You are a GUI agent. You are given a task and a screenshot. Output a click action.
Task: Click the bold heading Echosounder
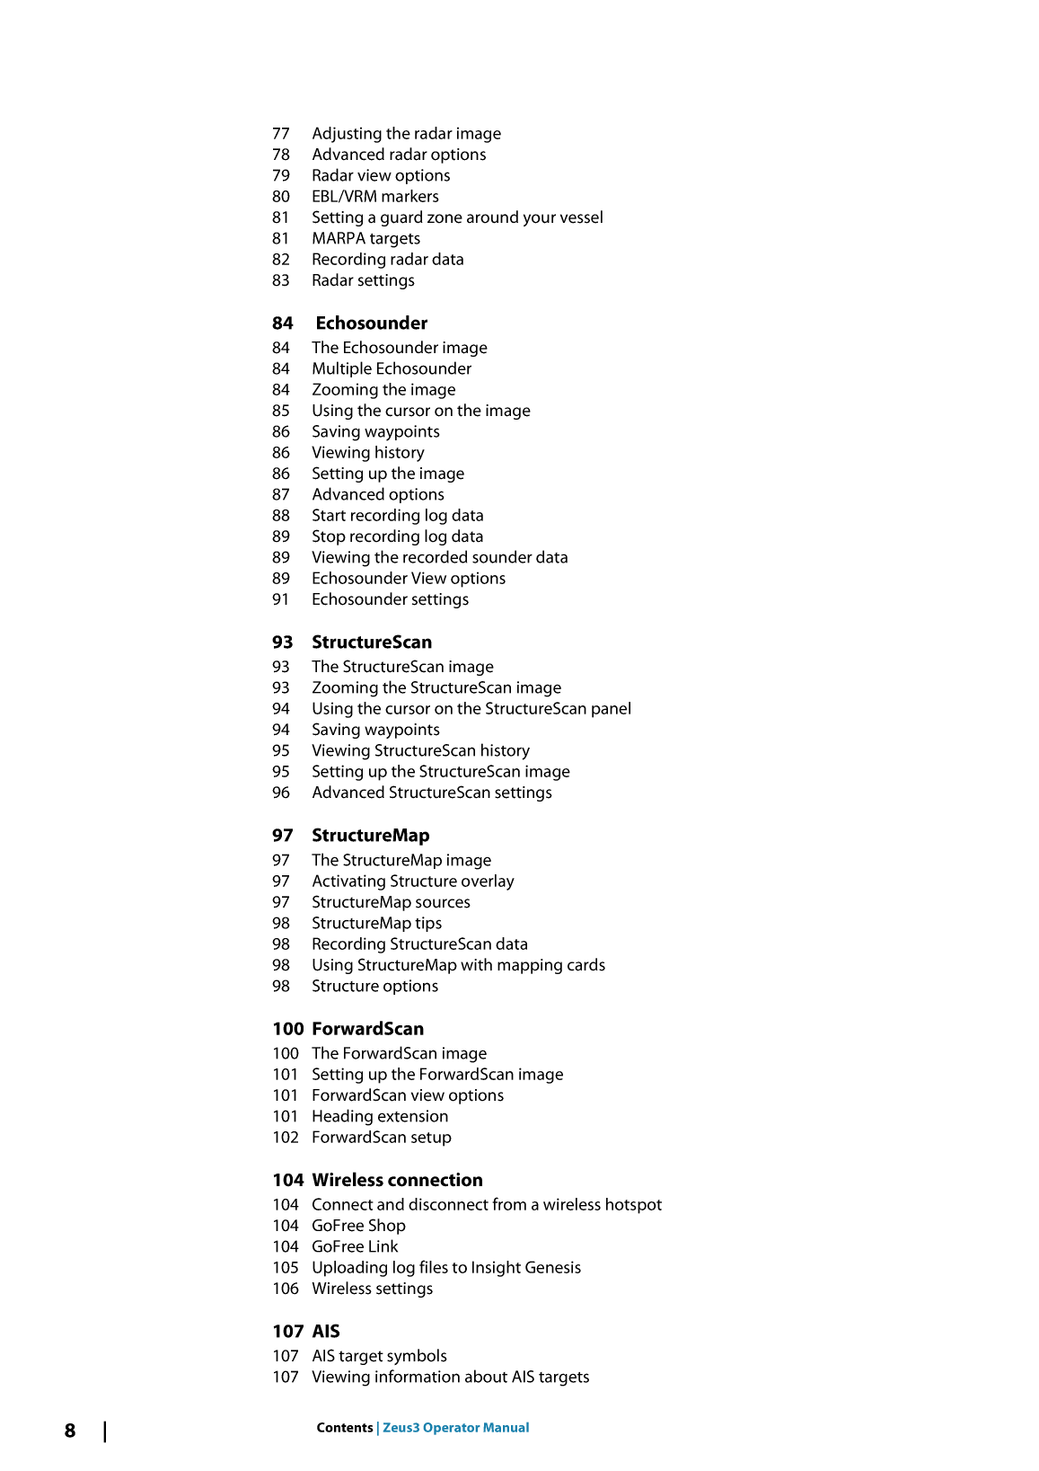[371, 323]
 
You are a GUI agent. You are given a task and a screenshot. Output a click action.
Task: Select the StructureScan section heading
[371, 642]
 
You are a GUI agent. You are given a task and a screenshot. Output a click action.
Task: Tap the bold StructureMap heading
[370, 836]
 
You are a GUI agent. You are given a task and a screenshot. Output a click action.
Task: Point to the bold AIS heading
[326, 1332]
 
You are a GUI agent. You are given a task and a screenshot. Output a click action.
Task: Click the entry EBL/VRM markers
[375, 197]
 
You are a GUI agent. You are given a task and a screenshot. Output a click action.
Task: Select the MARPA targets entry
[365, 239]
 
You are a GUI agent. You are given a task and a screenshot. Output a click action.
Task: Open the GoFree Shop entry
[358, 1226]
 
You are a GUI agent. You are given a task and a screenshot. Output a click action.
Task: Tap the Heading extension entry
[380, 1116]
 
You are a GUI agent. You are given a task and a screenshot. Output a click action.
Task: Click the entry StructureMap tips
[376, 924]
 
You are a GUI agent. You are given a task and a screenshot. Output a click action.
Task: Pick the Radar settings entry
[363, 280]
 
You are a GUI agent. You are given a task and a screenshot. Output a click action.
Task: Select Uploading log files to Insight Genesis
[446, 1268]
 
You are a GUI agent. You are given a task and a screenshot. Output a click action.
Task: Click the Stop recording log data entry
[397, 536]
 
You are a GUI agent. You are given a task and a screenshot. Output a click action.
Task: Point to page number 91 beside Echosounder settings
[281, 599]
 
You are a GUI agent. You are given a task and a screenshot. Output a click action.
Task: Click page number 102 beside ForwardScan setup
[286, 1138]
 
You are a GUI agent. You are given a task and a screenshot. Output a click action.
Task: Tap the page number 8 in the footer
[70, 1431]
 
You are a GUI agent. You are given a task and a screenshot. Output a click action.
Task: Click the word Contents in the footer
[344, 1428]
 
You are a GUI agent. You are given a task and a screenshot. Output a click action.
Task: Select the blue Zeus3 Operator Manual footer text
[456, 1428]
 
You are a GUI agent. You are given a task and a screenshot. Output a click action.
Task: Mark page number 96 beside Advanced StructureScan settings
[281, 793]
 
